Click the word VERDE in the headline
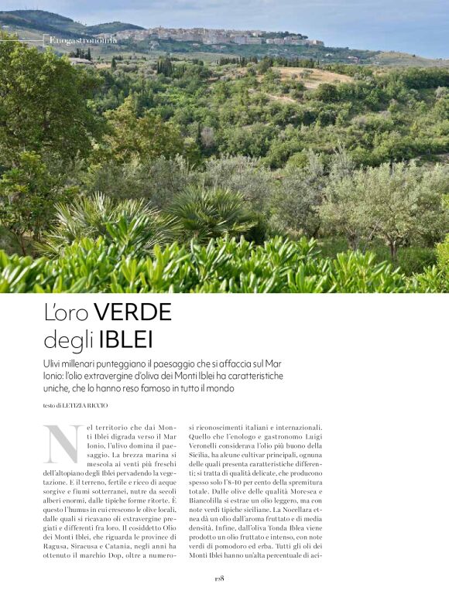coord(132,312)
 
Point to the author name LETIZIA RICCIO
coord(85,405)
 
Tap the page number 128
coord(219,578)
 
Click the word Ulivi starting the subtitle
coord(57,363)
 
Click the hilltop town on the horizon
coord(224,35)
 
